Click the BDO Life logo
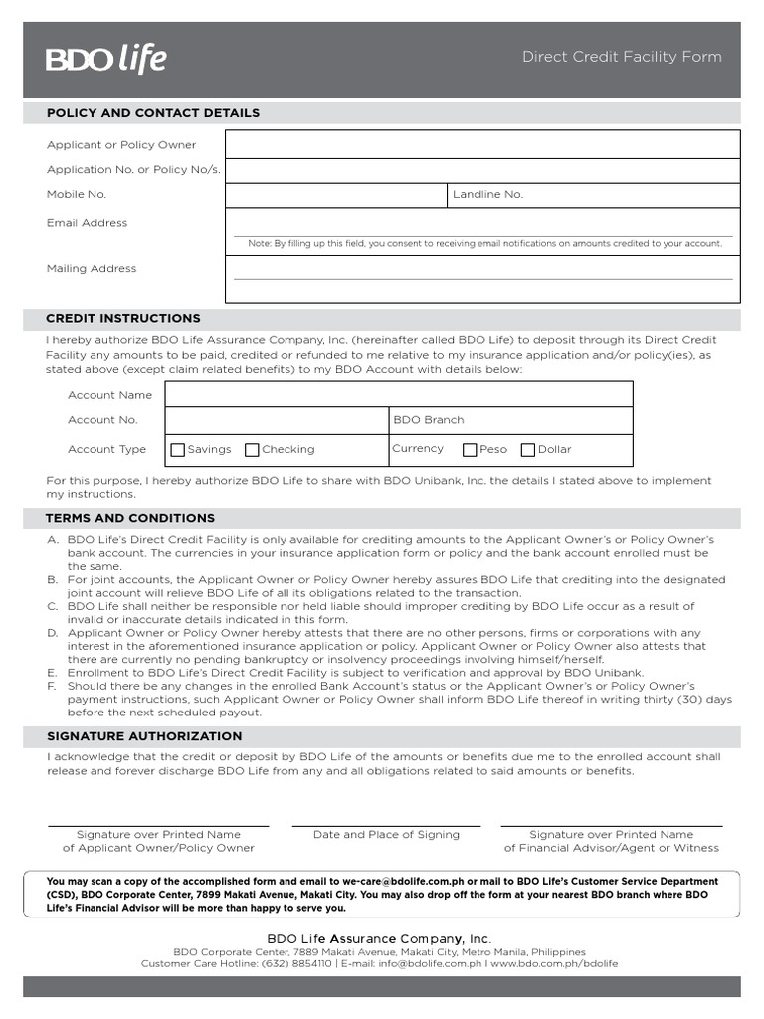coord(106,59)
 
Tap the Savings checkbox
coord(178,450)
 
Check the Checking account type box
coord(252,450)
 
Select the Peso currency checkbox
coord(470,450)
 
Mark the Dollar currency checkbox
coord(528,450)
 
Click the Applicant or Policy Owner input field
coord(482,144)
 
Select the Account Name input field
coord(398,395)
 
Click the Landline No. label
coord(487,195)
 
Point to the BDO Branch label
coord(429,420)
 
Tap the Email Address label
coord(87,223)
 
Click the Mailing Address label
coord(92,269)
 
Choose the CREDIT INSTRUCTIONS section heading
coord(123,319)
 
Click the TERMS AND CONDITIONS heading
coord(129,518)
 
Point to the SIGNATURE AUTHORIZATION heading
coord(144,736)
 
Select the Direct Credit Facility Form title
coord(622,57)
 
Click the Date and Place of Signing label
coord(386,835)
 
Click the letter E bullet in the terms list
coord(52,673)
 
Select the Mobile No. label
coord(77,195)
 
